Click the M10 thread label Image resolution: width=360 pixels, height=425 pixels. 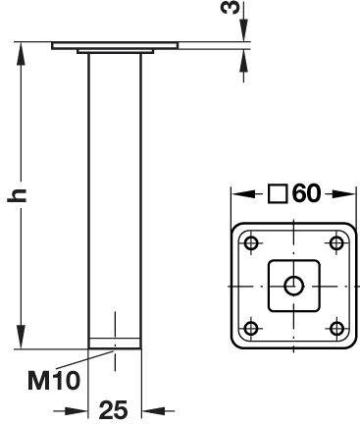[x=54, y=381]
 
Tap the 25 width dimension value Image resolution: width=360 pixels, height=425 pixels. [x=113, y=410]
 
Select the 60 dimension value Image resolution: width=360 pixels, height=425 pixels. [x=306, y=193]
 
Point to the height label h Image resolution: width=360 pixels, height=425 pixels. [x=17, y=195]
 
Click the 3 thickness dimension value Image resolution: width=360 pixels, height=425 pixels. [x=231, y=8]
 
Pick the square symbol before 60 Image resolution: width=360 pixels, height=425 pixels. [x=278, y=193]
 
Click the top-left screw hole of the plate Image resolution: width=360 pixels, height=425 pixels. [x=251, y=243]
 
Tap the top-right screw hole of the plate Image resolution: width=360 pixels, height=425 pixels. [x=336, y=243]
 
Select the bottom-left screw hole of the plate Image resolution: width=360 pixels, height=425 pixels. [x=251, y=328]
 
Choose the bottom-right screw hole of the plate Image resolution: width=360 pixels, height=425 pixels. [x=336, y=328]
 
